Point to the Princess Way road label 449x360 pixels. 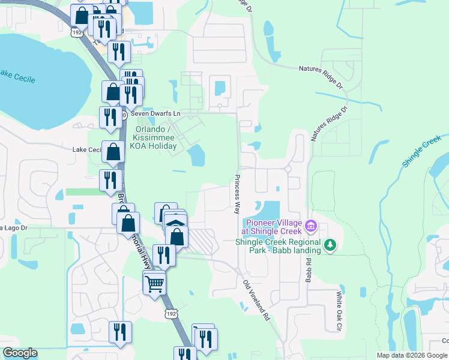(x=237, y=194)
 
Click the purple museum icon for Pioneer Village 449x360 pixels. (x=311, y=226)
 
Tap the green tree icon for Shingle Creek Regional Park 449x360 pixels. (x=330, y=245)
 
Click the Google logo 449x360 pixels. (x=20, y=353)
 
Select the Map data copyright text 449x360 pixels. (x=412, y=355)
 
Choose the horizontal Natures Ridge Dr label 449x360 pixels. (x=324, y=69)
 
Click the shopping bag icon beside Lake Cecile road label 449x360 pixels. (x=113, y=151)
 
